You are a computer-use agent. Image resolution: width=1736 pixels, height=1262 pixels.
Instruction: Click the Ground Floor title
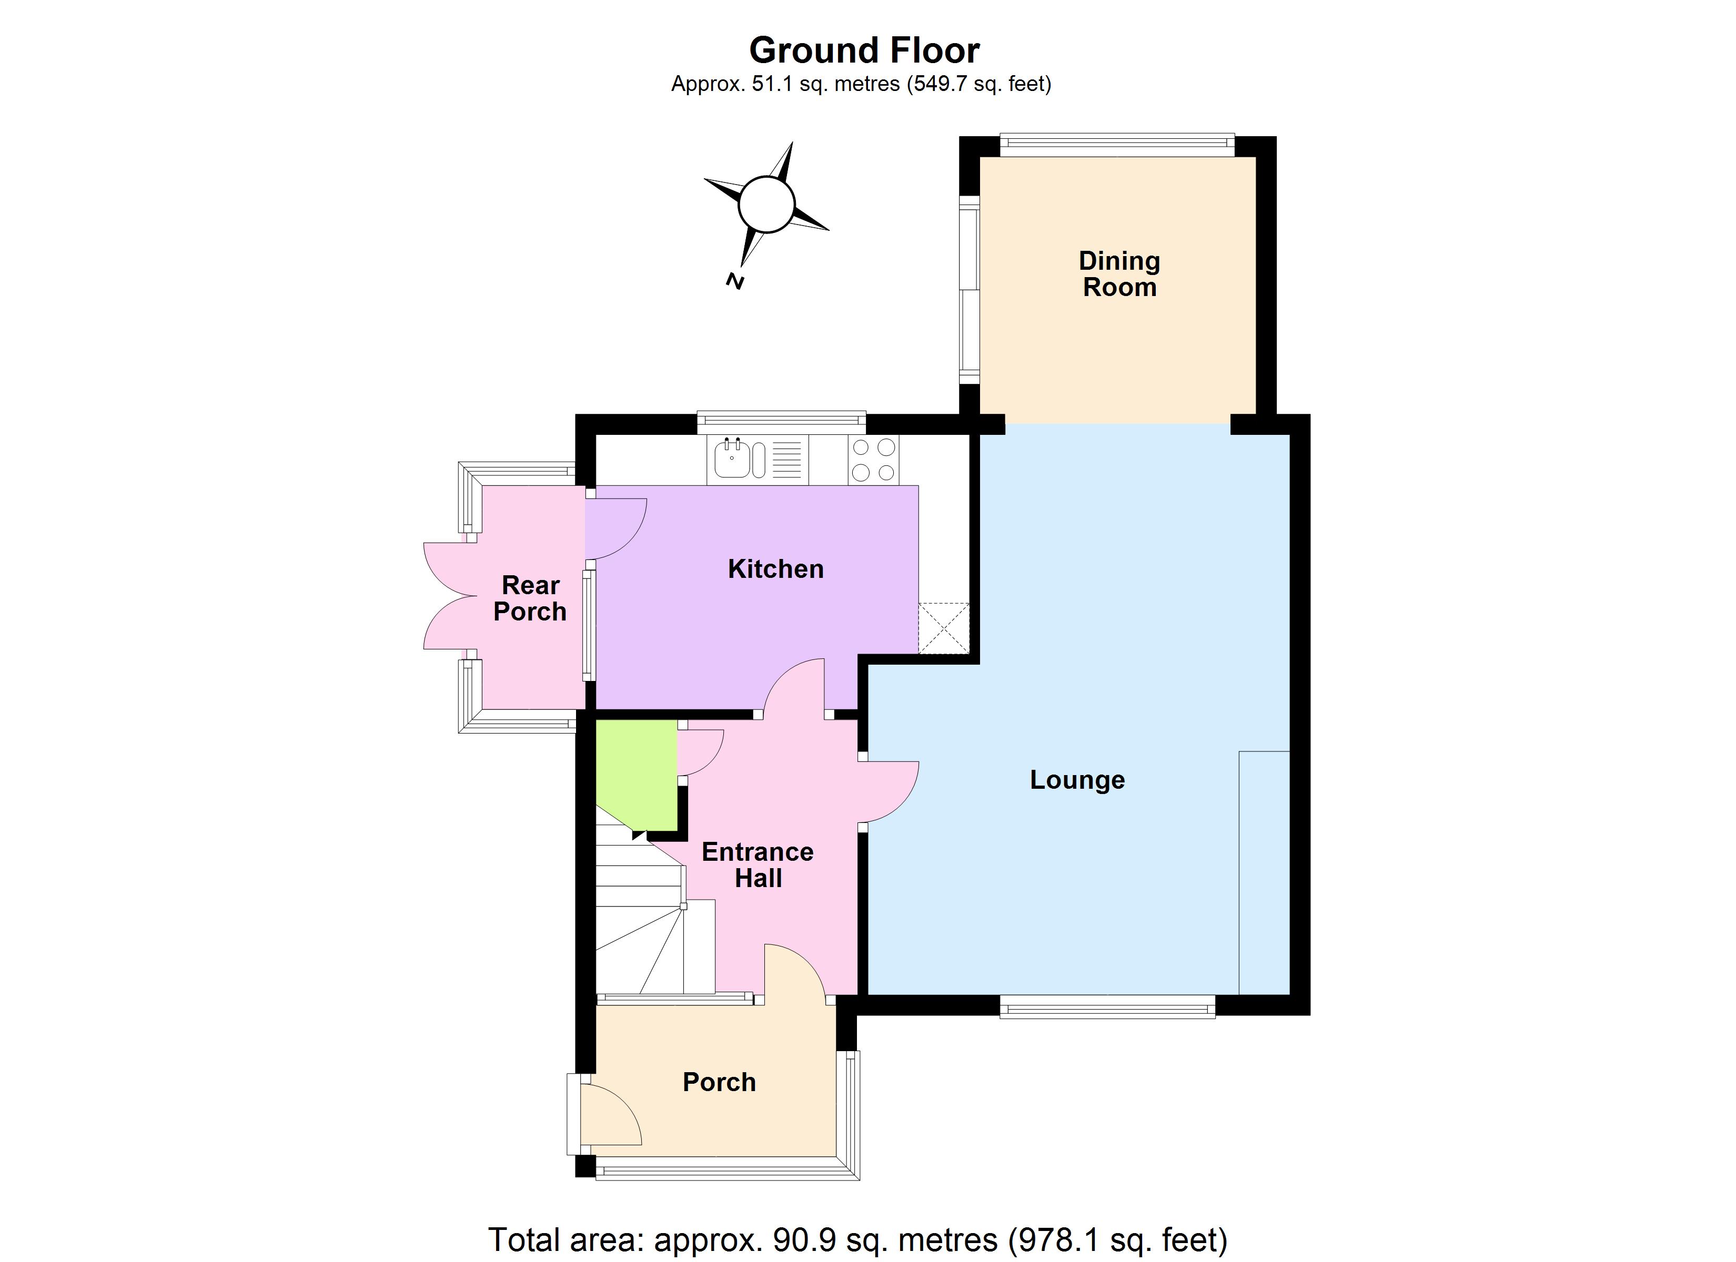click(864, 50)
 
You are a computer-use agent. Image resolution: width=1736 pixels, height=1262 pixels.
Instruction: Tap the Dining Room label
click(1119, 274)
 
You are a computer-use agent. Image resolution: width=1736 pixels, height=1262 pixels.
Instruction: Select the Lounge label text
click(1077, 780)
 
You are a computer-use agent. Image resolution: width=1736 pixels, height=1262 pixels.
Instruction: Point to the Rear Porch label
click(530, 598)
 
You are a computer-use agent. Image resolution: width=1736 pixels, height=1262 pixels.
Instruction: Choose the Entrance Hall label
click(757, 865)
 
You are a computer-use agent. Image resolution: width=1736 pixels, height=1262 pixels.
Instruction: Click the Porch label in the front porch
click(719, 1082)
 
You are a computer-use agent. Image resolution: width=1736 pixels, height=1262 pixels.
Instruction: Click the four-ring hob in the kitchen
click(873, 459)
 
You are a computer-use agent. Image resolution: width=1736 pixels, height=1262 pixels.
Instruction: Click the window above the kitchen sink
click(781, 420)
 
